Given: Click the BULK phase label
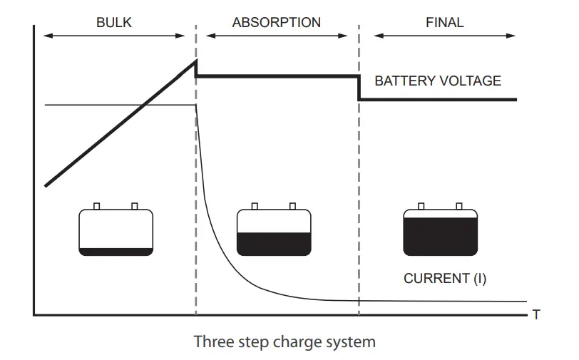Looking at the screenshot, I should point(114,23).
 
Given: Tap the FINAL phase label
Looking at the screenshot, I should point(444,23).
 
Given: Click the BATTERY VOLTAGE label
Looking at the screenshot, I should point(437,81).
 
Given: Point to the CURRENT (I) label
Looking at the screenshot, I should point(444,279).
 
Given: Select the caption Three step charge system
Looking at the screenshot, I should point(284,341).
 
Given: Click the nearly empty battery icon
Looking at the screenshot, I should point(116,232).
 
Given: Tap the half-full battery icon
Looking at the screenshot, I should point(274,232).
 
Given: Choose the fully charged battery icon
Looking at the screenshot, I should point(440,232).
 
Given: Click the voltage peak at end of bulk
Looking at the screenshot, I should point(196,62).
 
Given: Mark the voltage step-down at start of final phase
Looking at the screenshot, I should point(358,88).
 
